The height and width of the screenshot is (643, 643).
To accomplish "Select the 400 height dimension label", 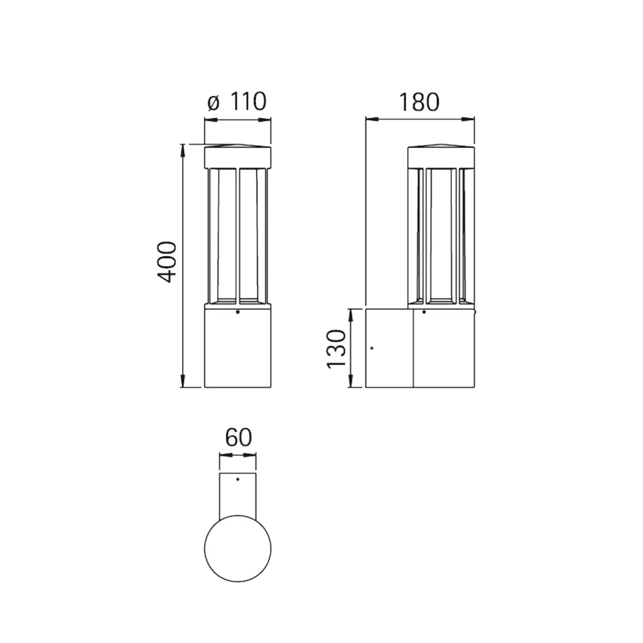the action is (167, 262).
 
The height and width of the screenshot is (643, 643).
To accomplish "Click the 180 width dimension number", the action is (419, 102).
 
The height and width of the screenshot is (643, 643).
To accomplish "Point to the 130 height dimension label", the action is (336, 349).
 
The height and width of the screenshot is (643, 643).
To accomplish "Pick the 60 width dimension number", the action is (238, 437).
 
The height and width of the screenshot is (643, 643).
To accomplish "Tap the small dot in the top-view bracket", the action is (237, 479).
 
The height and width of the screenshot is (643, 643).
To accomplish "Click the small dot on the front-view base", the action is (237, 312).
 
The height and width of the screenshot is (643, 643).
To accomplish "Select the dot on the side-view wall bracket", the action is (372, 348).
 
